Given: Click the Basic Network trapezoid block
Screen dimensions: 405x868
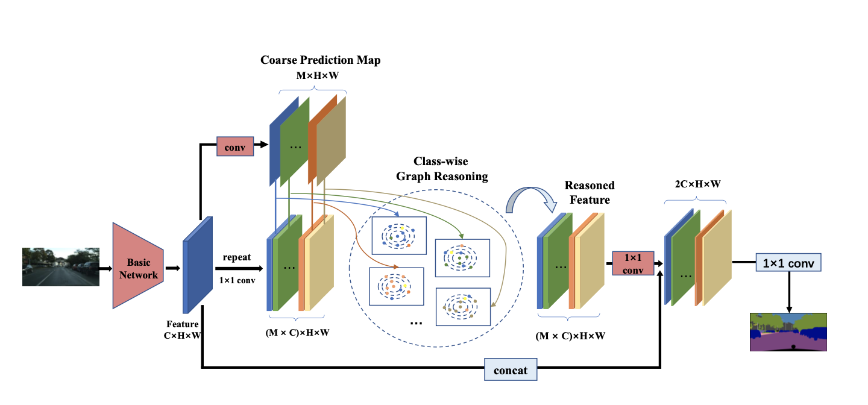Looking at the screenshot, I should tap(138, 265).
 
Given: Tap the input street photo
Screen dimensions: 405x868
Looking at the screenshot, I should tap(61, 266).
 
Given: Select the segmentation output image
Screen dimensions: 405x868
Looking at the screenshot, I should tap(788, 331).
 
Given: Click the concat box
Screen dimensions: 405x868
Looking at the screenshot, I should tap(511, 370).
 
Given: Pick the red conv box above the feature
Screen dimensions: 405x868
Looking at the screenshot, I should tap(235, 145).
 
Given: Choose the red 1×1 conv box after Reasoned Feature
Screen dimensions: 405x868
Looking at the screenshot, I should tap(633, 263).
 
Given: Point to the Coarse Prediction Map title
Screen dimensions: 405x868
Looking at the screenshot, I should tap(320, 60).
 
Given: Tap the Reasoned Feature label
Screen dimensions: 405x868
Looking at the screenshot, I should tap(590, 192).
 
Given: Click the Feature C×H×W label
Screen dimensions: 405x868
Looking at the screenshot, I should tap(182, 330).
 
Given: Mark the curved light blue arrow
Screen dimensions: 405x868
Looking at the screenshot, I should tap(530, 201).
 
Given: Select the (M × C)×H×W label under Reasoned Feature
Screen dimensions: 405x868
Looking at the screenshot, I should tap(570, 336).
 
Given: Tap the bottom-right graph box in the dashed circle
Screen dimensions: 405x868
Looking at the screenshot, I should tap(462, 307).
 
